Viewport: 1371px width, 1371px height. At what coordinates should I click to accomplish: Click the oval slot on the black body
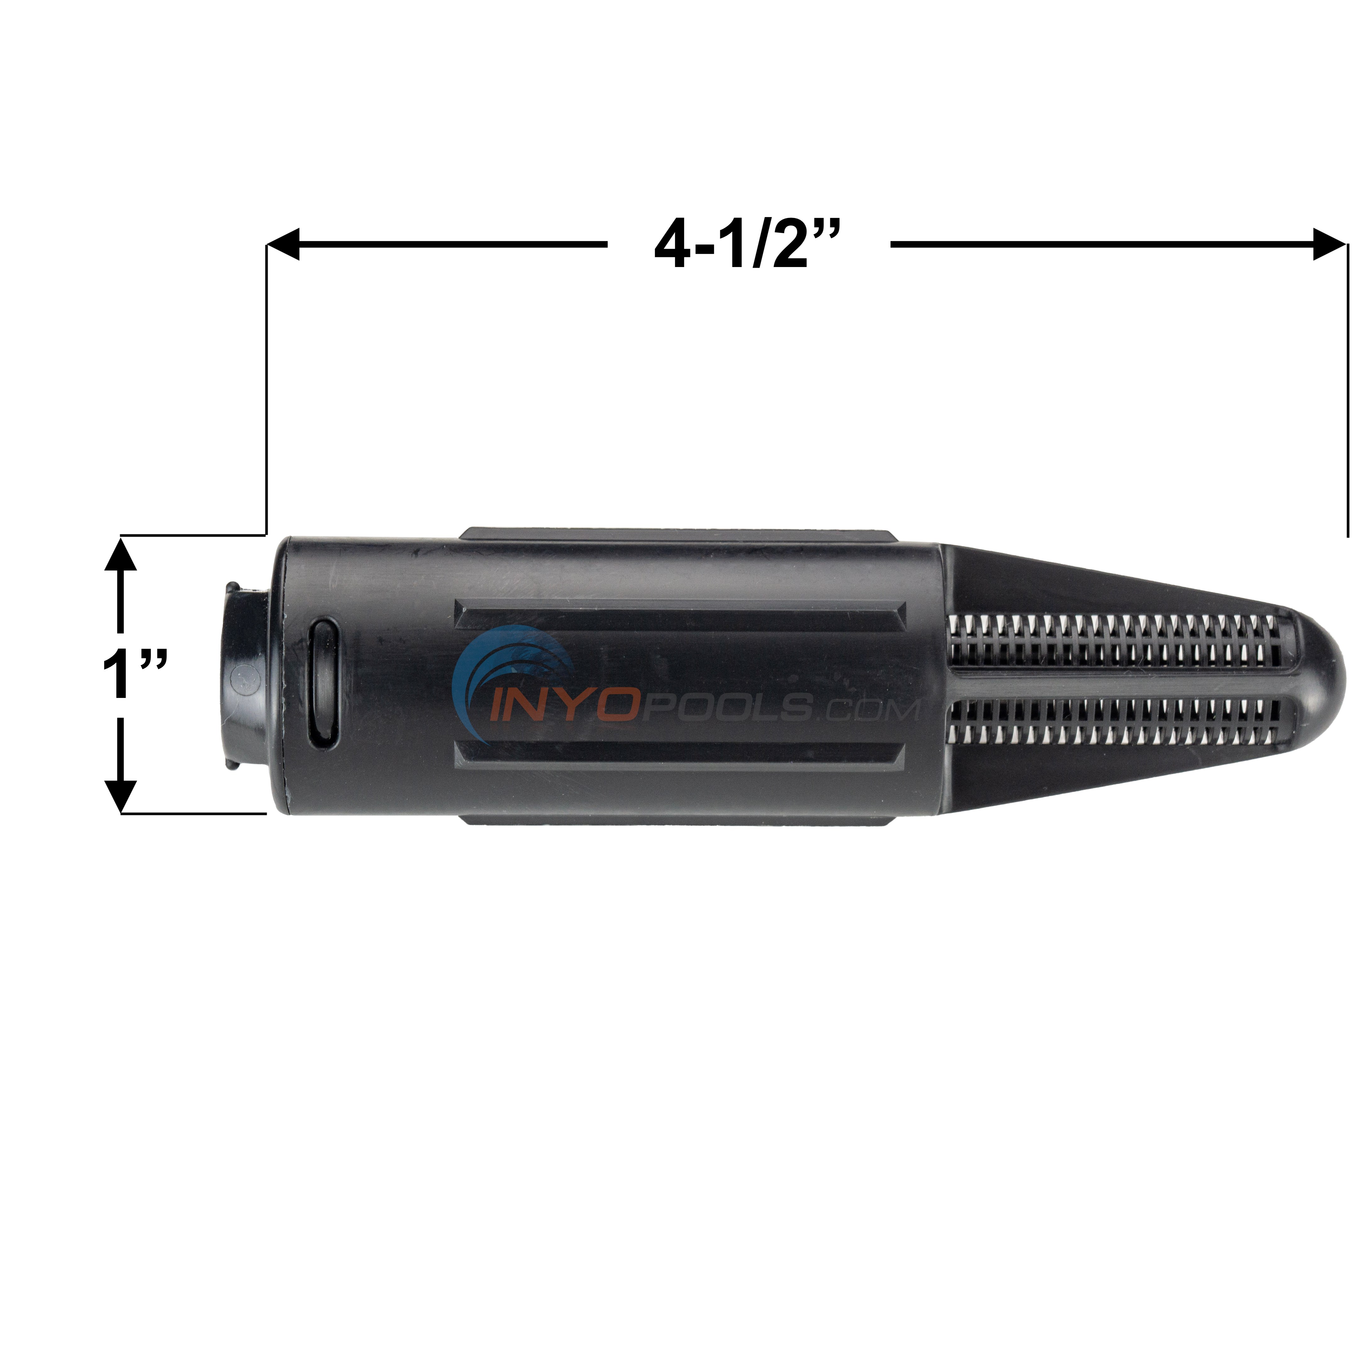324,683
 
